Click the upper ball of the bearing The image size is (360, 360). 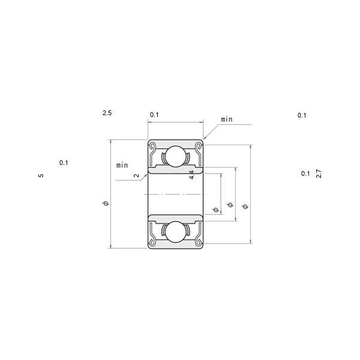176,156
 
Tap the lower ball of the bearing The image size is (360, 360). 176,232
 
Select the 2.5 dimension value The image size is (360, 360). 107,113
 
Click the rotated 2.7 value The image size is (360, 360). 319,173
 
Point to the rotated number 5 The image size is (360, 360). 41,176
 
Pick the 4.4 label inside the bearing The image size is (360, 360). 191,175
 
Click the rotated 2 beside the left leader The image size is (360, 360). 136,176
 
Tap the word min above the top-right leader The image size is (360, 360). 227,119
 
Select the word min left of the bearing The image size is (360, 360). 122,165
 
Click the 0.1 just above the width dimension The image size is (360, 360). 154,115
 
